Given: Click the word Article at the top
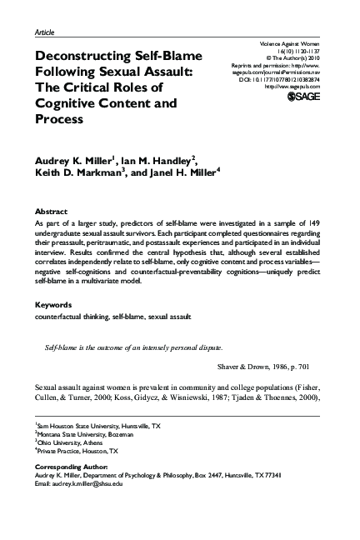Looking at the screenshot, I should point(47,31).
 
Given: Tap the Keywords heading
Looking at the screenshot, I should point(54,305).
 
